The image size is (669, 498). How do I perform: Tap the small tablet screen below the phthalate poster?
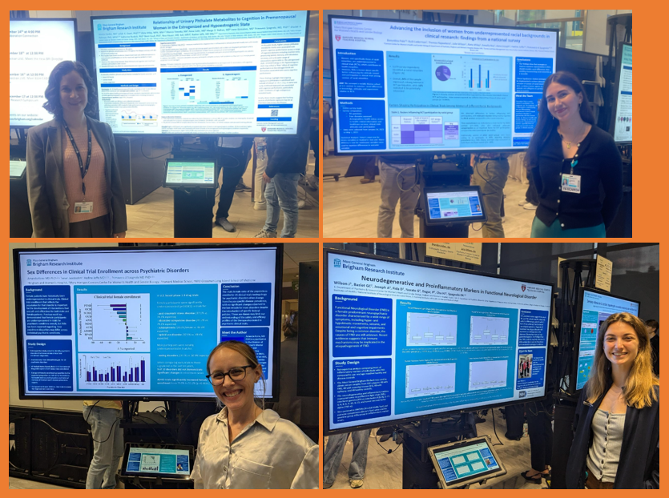pos(190,172)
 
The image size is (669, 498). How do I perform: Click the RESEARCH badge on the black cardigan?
pos(570,183)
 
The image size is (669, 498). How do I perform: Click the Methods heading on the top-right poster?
pos(349,103)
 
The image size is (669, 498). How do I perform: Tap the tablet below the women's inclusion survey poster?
pos(455,204)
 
